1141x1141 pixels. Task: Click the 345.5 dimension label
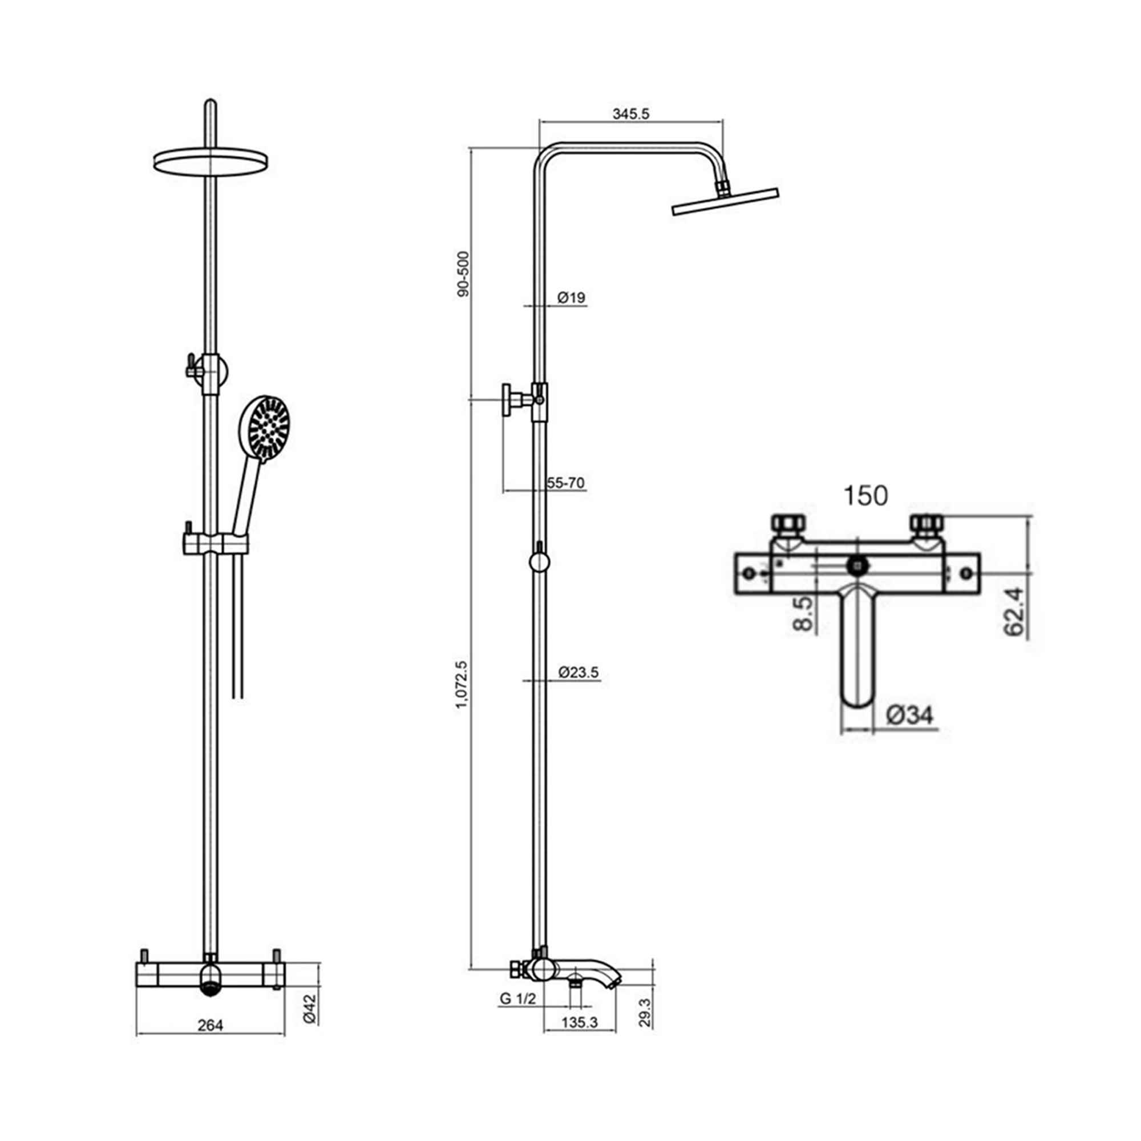tap(630, 114)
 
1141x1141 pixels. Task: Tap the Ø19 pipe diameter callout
tap(571, 298)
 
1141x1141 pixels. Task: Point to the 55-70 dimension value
tap(565, 483)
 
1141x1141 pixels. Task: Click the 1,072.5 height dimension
tap(463, 685)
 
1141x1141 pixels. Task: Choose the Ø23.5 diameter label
tap(578, 672)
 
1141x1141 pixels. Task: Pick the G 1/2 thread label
tap(517, 999)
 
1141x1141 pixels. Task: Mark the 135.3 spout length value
tap(580, 1022)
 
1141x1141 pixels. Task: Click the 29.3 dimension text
tap(645, 1012)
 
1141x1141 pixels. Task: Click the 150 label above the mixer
tap(865, 496)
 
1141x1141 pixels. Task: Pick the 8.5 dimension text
tap(803, 614)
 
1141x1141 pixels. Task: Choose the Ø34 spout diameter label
tap(910, 715)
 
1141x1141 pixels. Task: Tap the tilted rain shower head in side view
tap(725, 201)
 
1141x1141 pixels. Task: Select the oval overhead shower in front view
tap(211, 161)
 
